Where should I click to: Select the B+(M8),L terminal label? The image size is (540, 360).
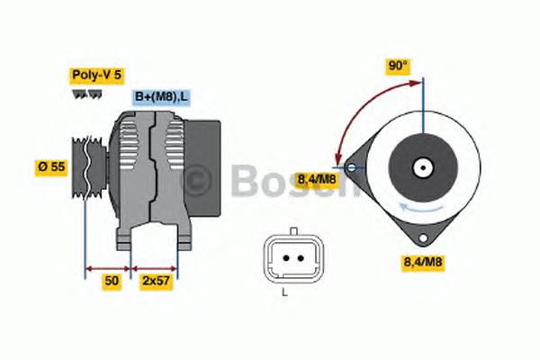tap(162, 96)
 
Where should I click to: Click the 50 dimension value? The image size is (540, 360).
tap(111, 281)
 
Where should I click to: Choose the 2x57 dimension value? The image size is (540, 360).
tap(156, 281)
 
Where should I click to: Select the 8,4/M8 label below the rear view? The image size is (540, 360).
tap(422, 262)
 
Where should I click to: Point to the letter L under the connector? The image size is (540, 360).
tap(284, 293)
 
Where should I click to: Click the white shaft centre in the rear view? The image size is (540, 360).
tap(421, 167)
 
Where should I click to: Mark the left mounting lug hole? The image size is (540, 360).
tap(349, 167)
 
